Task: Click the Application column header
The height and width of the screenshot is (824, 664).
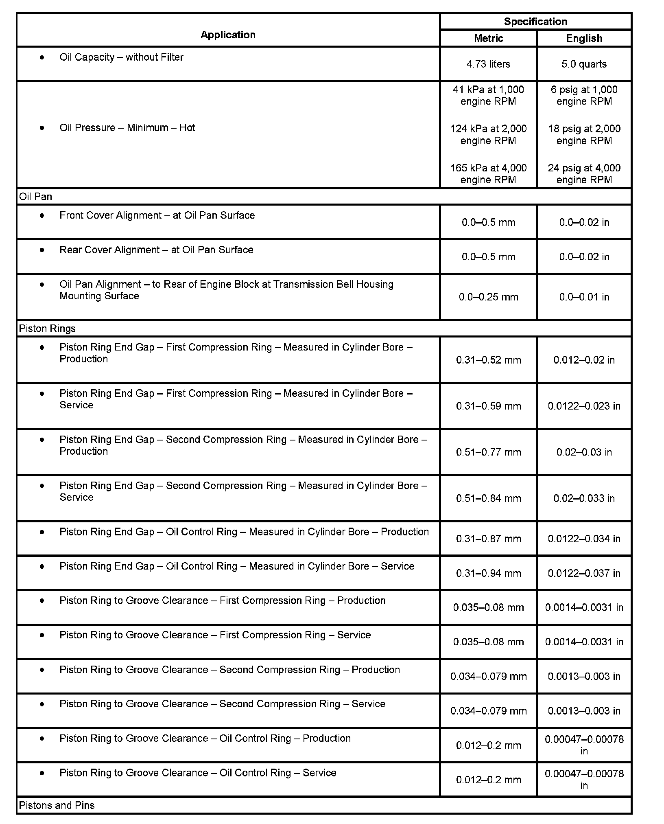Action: [x=228, y=35]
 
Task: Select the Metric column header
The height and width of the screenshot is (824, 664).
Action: [x=488, y=38]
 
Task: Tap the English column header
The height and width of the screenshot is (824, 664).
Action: [x=584, y=38]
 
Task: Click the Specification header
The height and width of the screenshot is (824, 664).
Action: [x=535, y=22]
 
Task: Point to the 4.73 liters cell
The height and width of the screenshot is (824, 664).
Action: [x=488, y=64]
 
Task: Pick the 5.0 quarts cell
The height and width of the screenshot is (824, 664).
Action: [x=584, y=64]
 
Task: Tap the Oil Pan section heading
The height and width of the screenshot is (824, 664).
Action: [x=36, y=197]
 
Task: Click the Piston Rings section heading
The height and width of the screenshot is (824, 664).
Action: [x=47, y=329]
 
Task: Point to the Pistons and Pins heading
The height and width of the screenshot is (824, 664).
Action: [x=57, y=805]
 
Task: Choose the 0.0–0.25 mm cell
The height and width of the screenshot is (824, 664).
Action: [x=488, y=297]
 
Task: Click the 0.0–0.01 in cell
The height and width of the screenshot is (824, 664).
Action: [x=584, y=297]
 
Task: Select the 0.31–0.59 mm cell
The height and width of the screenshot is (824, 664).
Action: [x=488, y=406]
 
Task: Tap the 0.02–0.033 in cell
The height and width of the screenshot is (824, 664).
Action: [x=584, y=498]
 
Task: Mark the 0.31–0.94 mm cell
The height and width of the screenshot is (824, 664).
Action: [x=488, y=573]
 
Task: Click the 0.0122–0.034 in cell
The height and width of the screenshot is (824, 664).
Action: [x=584, y=539]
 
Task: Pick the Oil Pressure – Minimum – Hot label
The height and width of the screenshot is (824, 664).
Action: [x=127, y=128]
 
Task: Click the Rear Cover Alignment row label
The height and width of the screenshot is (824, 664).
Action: [x=156, y=250]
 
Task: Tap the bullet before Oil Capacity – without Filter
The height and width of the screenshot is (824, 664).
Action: [x=42, y=57]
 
